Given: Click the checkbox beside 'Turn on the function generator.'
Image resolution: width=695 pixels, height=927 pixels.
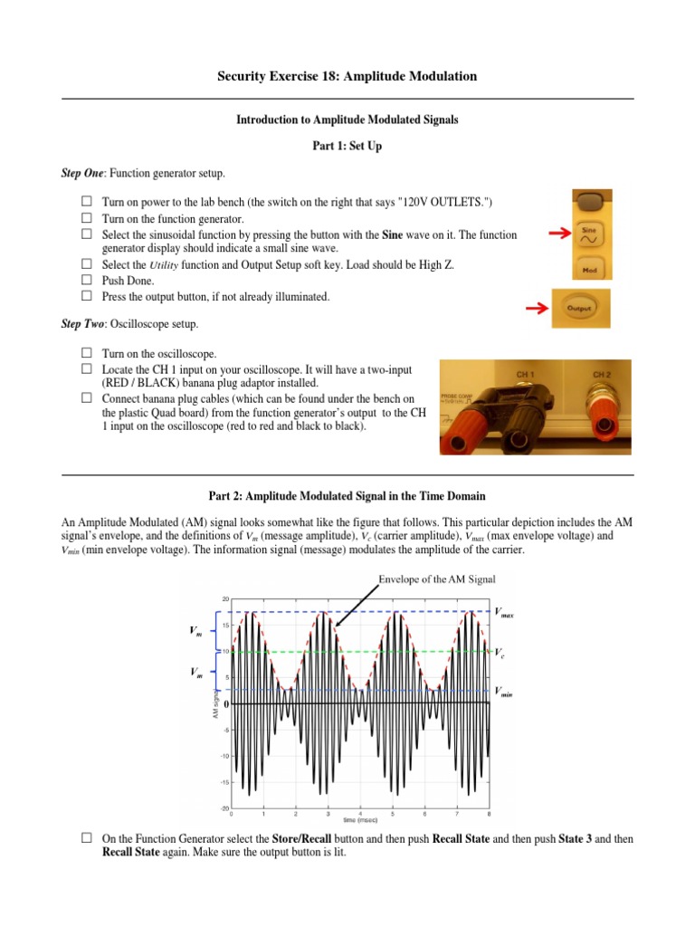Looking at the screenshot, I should click(x=87, y=219).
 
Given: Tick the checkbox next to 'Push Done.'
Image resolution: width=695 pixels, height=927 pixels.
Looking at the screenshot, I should click(x=87, y=281).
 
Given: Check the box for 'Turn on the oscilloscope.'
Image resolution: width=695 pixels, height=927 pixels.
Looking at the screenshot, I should click(x=87, y=353).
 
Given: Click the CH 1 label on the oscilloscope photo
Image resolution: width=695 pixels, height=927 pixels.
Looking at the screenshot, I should click(x=526, y=373).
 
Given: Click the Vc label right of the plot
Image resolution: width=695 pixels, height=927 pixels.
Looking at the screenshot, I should click(x=500, y=651).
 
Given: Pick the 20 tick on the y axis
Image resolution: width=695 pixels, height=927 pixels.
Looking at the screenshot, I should click(x=224, y=599).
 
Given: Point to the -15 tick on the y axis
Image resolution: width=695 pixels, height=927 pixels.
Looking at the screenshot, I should click(x=223, y=782).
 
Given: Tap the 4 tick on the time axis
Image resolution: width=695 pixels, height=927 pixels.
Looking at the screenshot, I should click(x=360, y=814).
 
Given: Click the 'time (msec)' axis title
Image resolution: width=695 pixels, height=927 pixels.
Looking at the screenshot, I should click(x=360, y=823).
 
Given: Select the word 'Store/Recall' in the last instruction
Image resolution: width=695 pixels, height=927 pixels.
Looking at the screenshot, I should click(x=304, y=839).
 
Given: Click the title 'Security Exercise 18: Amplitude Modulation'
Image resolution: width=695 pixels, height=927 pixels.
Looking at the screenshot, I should click(x=347, y=77).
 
